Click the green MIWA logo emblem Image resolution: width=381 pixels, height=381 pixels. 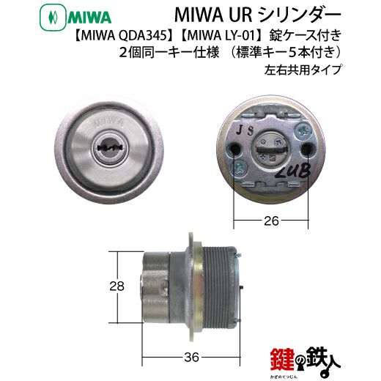tap(53, 18)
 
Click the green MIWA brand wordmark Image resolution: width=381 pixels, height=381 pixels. tap(89, 18)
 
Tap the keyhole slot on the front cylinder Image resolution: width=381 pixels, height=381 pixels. tap(109, 147)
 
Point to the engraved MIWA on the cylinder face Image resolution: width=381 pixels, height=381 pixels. tap(109, 121)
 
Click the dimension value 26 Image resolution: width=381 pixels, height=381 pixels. tap(271, 221)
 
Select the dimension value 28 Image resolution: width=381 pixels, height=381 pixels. tap(117, 286)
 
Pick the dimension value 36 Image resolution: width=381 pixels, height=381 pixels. tap(192, 358)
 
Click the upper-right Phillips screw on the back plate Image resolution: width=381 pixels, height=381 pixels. tap(304, 132)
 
